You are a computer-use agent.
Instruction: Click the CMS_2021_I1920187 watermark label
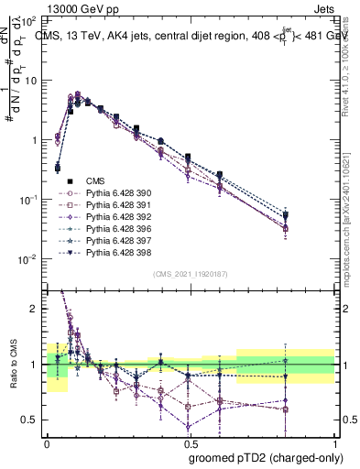tap(191, 274)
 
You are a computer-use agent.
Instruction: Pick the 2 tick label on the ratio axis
tap(35, 309)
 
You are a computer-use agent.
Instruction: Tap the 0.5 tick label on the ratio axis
tap(31, 420)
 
